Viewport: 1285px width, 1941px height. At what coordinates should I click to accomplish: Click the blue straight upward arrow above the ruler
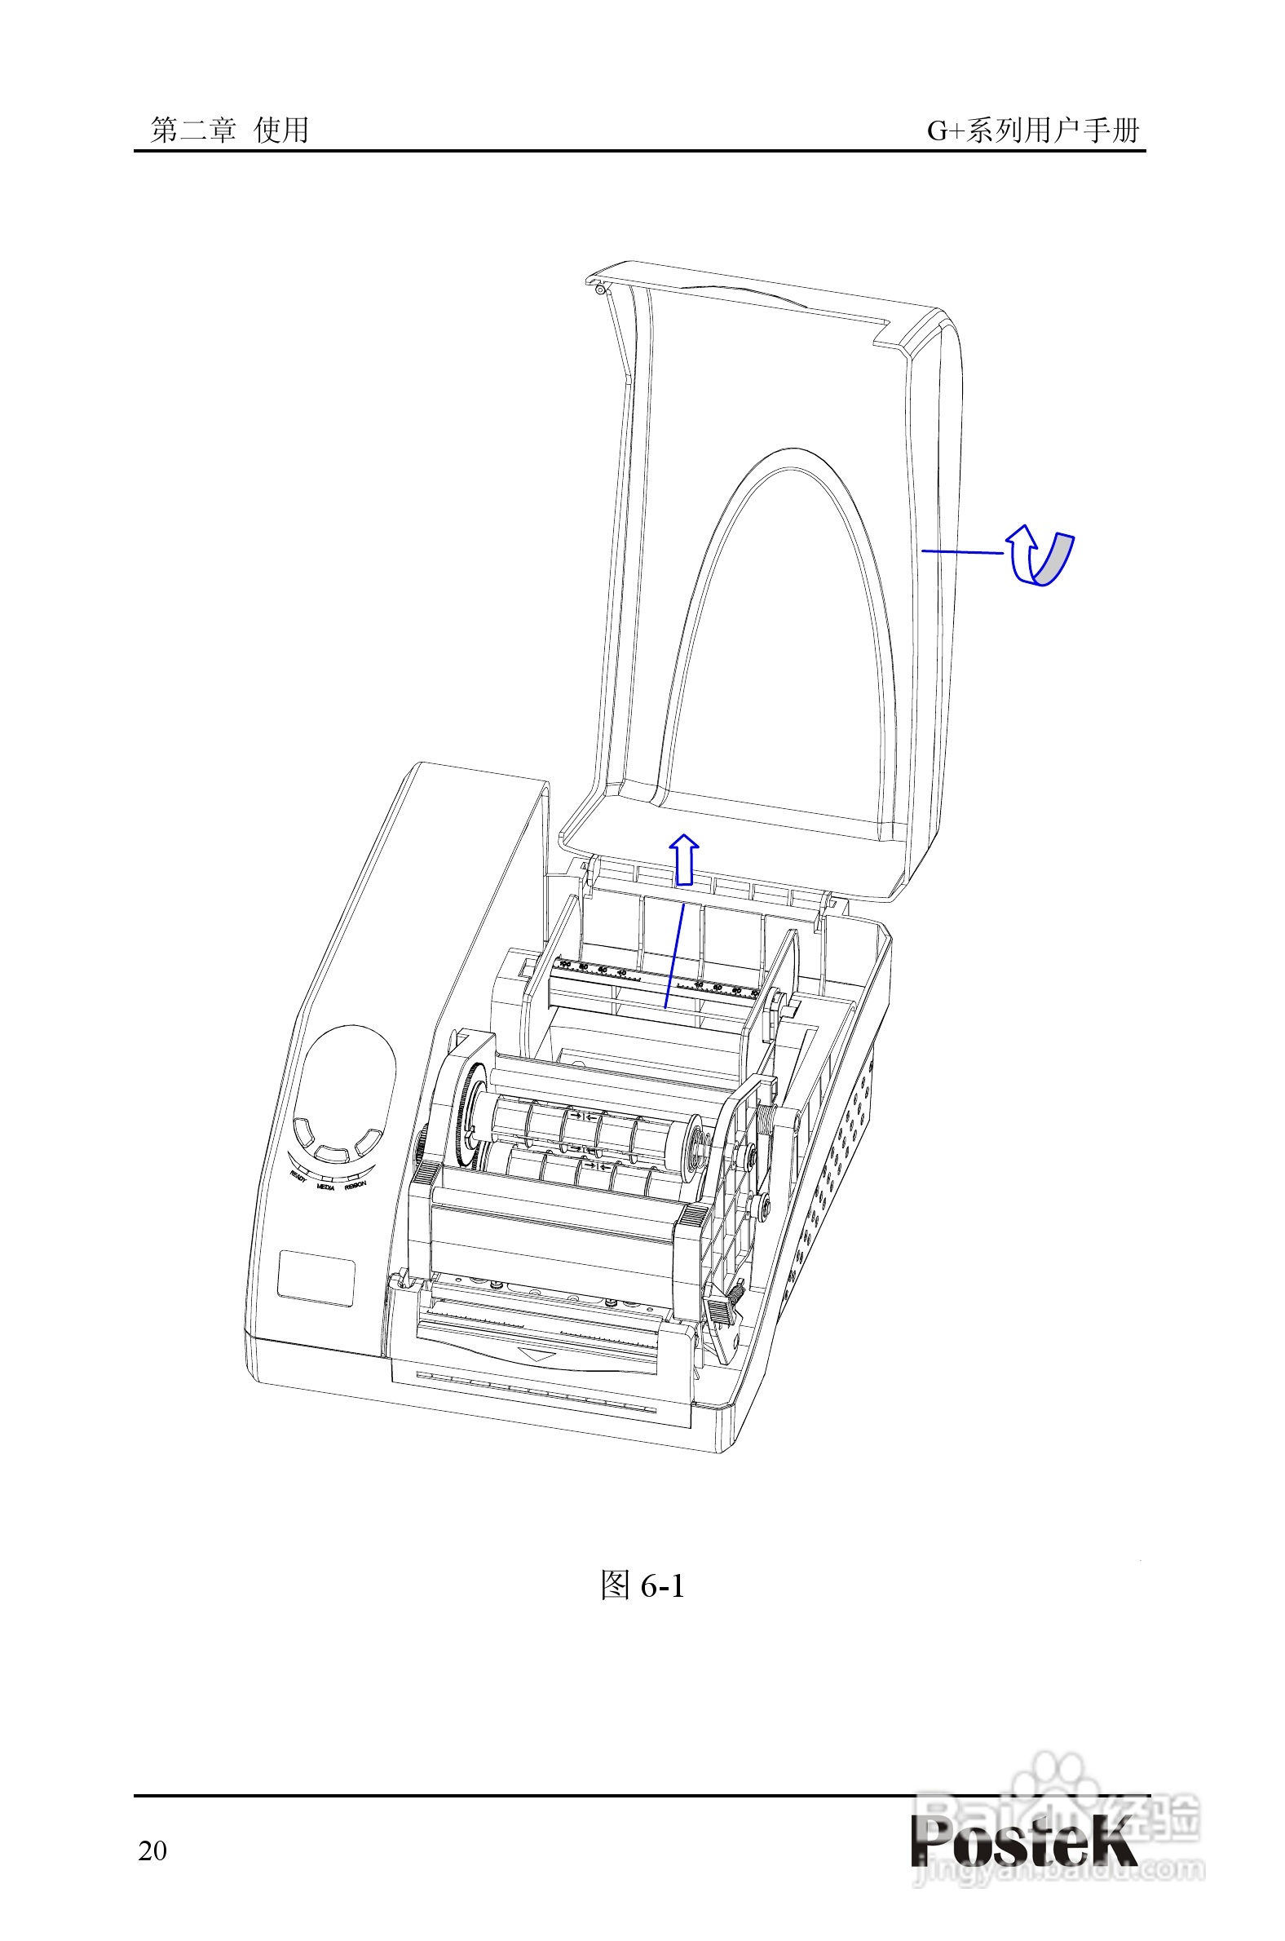(683, 860)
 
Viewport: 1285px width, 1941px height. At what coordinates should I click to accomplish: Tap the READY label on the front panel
(299, 1177)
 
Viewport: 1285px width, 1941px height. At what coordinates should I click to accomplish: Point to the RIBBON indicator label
(355, 1185)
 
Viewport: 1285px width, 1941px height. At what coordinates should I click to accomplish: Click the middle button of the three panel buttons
(332, 1154)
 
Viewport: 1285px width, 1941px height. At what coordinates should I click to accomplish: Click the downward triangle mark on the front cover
(538, 1355)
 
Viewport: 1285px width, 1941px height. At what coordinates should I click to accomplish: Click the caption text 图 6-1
(642, 1585)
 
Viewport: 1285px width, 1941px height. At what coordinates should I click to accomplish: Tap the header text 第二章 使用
(229, 130)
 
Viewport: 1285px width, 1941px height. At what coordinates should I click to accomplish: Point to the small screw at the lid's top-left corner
(601, 290)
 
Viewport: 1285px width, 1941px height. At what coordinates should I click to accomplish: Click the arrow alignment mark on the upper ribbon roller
(584, 1115)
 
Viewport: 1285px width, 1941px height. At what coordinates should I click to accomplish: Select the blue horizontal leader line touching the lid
(962, 551)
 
